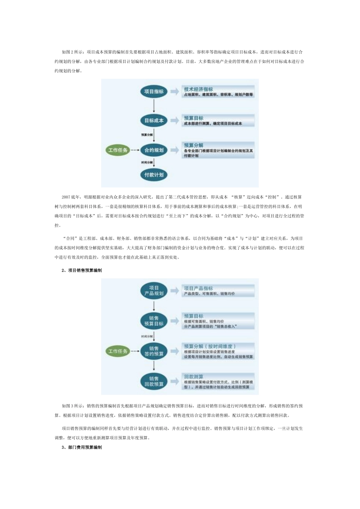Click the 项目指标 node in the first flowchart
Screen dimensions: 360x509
tap(154, 92)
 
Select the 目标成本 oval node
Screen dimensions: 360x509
tap(154, 120)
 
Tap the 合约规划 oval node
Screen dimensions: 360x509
tap(154, 150)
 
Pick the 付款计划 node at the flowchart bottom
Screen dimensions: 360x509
tap(154, 175)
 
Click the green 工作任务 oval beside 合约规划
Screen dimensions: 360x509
tap(118, 150)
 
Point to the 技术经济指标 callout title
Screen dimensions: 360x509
tap(198, 89)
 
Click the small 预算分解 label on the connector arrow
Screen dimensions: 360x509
tap(147, 134)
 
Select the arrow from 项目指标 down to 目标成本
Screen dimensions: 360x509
tap(154, 106)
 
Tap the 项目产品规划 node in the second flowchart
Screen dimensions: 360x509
tap(154, 290)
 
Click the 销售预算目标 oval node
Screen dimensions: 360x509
tap(154, 321)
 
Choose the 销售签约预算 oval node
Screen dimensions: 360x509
tap(154, 351)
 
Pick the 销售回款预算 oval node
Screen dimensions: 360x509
tap(154, 381)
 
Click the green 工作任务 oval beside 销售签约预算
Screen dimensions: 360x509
tap(118, 351)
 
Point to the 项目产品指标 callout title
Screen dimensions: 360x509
tap(198, 288)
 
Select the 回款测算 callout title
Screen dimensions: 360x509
tap(194, 376)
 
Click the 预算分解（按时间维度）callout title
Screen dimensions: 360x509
tap(210, 346)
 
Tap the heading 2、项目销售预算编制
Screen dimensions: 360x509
tap(81, 270)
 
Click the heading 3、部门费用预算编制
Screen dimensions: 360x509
tap(81, 448)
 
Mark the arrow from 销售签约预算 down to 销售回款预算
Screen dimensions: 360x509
tap(154, 366)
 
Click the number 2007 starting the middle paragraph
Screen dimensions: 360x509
tap(66, 197)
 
